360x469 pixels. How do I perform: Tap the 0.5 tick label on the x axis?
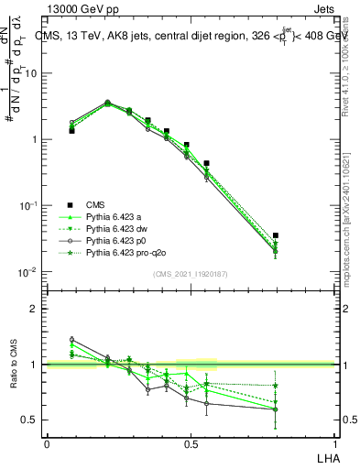191,444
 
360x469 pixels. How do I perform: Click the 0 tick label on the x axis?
47,444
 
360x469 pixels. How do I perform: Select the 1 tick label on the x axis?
335,444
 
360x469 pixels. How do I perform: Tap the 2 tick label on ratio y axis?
34,309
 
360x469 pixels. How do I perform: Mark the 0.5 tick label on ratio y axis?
30,420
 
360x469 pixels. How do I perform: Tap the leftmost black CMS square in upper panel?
71,131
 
